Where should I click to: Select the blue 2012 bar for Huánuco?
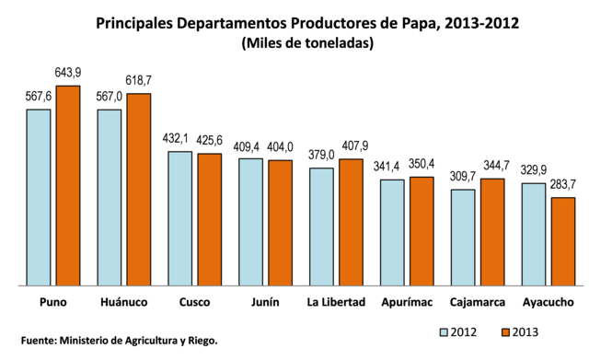(x=110, y=199)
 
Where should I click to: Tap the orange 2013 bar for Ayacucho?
(x=562, y=242)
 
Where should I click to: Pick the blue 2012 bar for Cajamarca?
(x=463, y=238)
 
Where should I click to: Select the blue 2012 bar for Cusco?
(x=180, y=219)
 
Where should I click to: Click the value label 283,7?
(x=562, y=184)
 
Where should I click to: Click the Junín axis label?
(x=265, y=302)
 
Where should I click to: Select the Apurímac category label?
(x=407, y=302)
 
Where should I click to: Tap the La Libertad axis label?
(x=336, y=302)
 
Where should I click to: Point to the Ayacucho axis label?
(x=548, y=302)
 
